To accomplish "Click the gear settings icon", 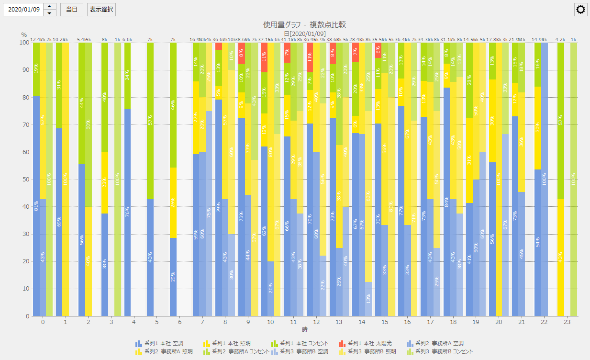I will point(581,10).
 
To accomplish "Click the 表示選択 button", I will point(101,10).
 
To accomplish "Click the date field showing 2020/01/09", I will point(23,10).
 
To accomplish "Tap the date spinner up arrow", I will point(50,7).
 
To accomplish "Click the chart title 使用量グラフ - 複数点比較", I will point(304,24).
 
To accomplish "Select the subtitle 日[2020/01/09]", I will point(304,34).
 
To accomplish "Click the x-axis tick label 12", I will point(316,322).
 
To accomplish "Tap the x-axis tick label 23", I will point(567,322).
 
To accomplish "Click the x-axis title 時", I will point(304,330).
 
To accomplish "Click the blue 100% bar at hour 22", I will point(545,180).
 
